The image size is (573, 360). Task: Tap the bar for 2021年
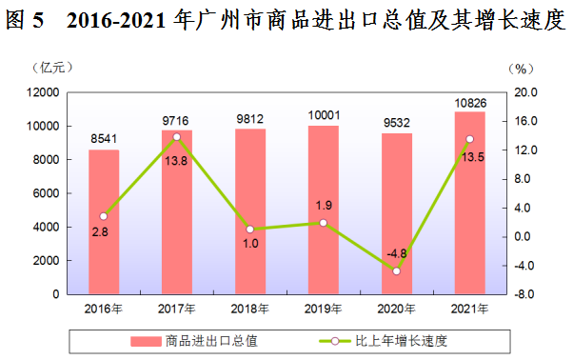point(469,205)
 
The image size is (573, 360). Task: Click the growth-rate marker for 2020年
point(396,271)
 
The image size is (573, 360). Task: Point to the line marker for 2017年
point(177,137)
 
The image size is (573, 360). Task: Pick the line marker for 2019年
point(324,223)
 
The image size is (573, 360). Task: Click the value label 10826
point(469,101)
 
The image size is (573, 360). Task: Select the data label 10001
point(324,114)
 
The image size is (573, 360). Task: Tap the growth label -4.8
point(396,253)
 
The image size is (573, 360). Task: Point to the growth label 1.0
point(250,244)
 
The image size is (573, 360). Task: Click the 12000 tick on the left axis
point(43,92)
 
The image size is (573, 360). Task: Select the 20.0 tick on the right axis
point(528,92)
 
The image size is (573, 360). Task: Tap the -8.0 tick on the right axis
point(528,294)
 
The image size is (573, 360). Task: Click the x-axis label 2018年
point(250,309)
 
